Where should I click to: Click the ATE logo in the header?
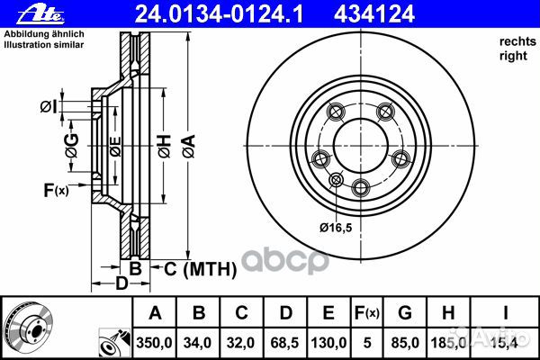[x=40, y=14]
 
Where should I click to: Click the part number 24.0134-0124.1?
[x=219, y=14]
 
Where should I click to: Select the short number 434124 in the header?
[x=374, y=14]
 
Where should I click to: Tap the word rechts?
[x=517, y=41]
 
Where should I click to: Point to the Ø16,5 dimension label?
[x=336, y=228]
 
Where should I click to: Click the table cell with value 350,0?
[x=154, y=343]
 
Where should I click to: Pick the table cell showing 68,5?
[x=284, y=343]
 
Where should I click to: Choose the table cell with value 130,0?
[x=328, y=343]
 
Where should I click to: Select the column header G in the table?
[x=405, y=312]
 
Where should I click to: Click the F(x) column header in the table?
[x=367, y=312]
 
